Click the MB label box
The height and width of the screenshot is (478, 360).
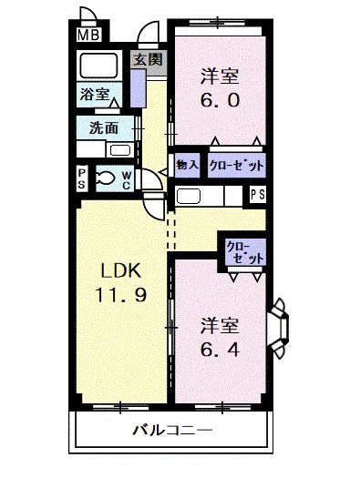point(87,36)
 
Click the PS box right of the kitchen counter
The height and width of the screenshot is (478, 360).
point(258,193)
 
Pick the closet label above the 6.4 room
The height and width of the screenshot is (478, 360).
point(242,252)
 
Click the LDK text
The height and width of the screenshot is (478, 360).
point(120,272)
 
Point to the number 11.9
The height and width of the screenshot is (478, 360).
point(120,296)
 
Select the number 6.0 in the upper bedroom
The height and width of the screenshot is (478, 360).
point(220,101)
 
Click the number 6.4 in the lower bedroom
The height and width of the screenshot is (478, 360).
point(221,349)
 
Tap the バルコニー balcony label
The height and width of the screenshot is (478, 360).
point(171,430)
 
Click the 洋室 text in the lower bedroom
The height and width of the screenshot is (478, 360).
point(220,325)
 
